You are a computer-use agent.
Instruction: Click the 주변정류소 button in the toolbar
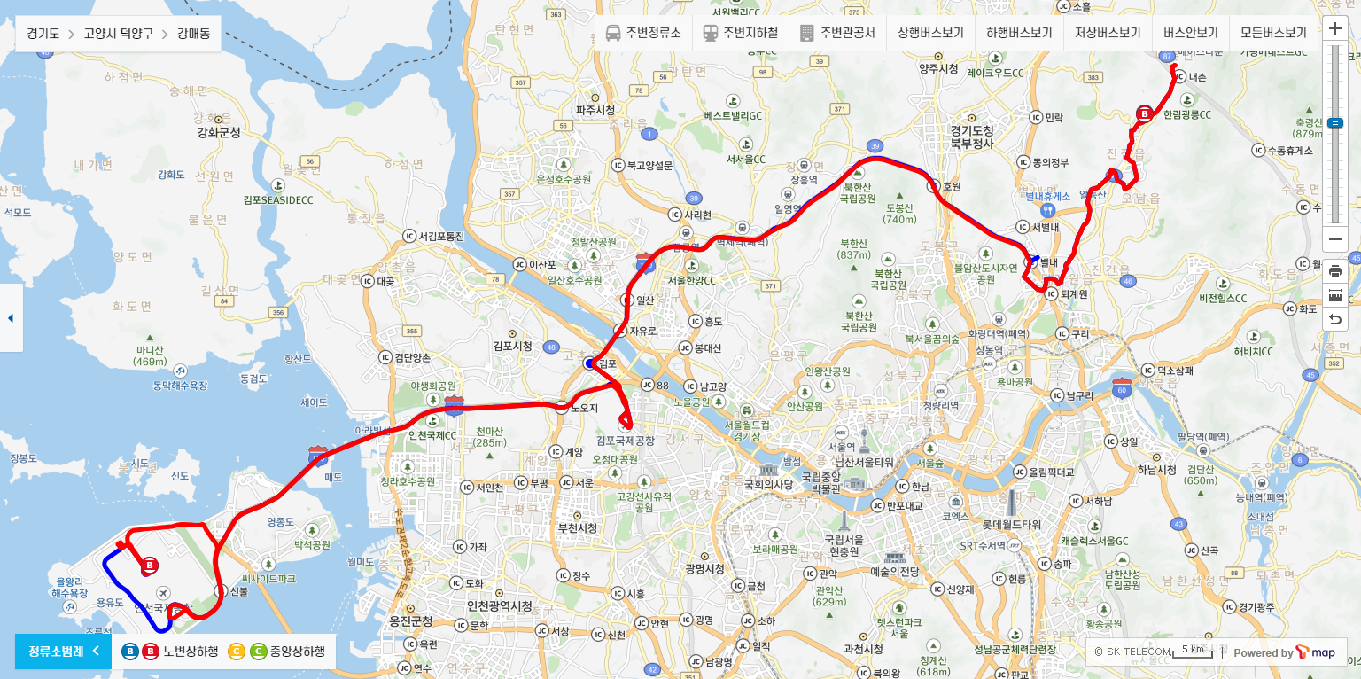click(643, 33)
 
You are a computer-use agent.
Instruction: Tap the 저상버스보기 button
click(1108, 33)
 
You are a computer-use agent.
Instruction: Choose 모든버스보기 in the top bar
click(1273, 33)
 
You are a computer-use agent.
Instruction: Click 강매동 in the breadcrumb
click(193, 34)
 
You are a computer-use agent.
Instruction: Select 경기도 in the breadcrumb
click(43, 34)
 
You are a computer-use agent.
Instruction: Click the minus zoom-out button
click(1335, 239)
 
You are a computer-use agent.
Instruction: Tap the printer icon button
click(1335, 271)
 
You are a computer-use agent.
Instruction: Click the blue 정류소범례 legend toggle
click(63, 652)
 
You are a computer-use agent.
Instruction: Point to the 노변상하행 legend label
click(190, 652)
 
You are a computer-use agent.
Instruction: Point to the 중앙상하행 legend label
click(297, 652)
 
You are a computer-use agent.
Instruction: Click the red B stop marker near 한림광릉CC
click(1144, 113)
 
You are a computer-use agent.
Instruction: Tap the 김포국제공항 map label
click(626, 440)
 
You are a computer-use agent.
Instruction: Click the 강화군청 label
click(219, 133)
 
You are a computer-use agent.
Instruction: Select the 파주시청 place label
click(595, 110)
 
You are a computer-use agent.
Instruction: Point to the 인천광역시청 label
click(499, 605)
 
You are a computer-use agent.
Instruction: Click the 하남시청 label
click(1156, 469)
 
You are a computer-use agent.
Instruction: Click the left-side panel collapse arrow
click(11, 317)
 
